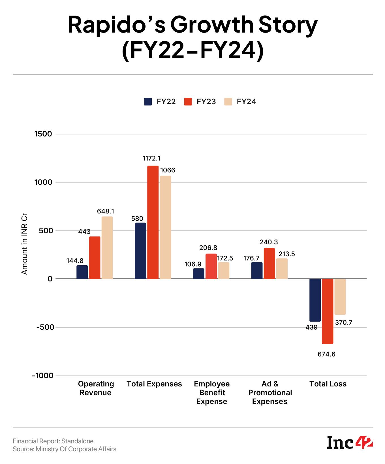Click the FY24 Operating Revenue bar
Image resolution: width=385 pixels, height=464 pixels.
point(107,248)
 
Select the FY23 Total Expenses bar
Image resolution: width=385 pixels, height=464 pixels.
point(153,222)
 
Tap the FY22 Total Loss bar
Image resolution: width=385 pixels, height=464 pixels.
point(315,300)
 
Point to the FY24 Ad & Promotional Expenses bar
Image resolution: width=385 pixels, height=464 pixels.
point(282,269)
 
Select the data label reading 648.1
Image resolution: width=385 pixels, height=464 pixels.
point(106,211)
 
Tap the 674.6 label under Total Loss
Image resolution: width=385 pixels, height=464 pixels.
point(326,354)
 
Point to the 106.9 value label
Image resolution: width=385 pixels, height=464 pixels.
point(193,264)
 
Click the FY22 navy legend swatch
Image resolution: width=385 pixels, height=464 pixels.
point(148,102)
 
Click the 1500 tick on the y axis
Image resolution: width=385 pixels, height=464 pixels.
point(43,134)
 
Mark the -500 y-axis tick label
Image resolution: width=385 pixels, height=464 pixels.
point(44,327)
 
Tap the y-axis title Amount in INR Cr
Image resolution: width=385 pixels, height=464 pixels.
point(25,246)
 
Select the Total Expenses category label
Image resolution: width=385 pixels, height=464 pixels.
point(154,384)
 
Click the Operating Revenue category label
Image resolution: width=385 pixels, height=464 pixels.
point(96,388)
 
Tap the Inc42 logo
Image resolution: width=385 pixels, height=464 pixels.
point(350,442)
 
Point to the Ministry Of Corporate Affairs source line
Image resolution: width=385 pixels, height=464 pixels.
point(65,449)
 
